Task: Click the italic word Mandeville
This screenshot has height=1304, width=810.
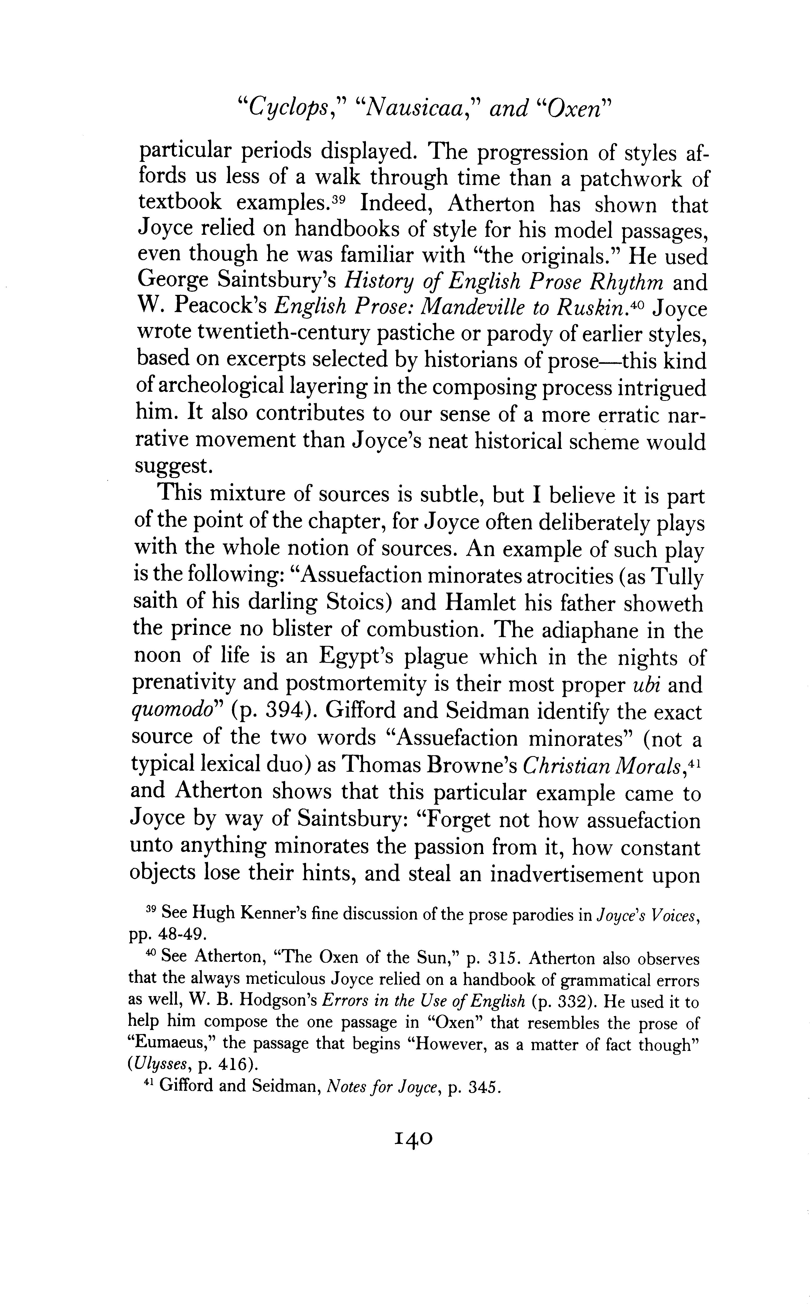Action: [x=471, y=309]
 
